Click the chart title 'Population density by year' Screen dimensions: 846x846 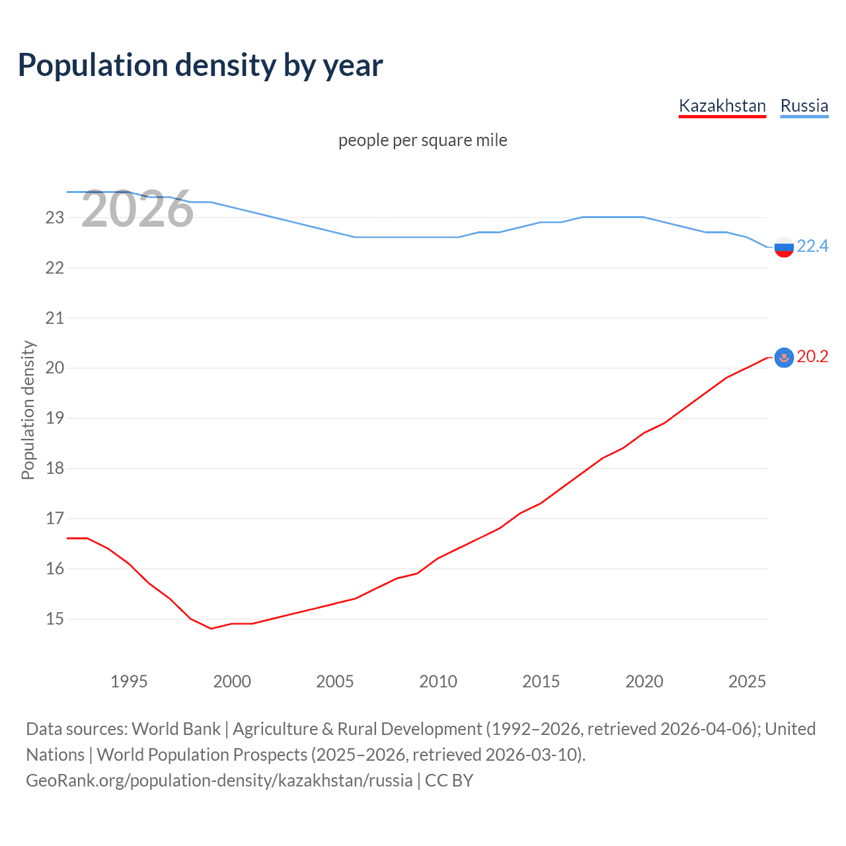tap(200, 65)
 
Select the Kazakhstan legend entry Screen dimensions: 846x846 tap(722, 106)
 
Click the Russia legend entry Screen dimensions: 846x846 tap(804, 106)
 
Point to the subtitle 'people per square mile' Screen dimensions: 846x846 tap(422, 140)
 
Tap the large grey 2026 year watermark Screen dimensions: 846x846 tap(137, 210)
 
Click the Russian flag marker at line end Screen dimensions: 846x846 tap(784, 247)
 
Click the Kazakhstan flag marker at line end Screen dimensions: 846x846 tap(784, 358)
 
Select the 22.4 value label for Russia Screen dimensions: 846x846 tap(812, 247)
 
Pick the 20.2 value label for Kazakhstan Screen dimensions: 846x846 tap(812, 357)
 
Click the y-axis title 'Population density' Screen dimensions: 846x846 tap(28, 410)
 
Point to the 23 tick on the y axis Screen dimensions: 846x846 tap(54, 217)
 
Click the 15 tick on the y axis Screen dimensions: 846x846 tap(54, 619)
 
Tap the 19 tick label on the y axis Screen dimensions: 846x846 tap(54, 418)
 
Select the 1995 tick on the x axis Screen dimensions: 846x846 tap(129, 681)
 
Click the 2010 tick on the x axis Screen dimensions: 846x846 tap(438, 681)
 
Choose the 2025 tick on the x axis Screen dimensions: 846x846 tap(747, 681)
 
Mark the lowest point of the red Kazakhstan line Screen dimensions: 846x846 tap(211, 629)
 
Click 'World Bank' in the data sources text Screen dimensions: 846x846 tap(176, 729)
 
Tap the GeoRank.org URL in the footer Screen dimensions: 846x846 tap(219, 781)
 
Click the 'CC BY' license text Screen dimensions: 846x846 tap(449, 781)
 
